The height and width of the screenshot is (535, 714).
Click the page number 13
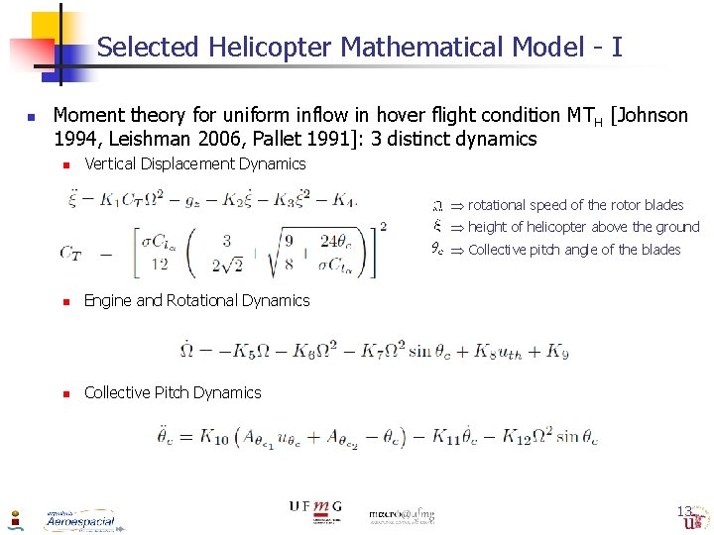point(684,511)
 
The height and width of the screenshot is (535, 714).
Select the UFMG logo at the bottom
point(315,507)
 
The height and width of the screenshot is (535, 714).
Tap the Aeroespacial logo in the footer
point(79,520)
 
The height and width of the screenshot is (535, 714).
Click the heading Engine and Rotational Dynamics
point(196,300)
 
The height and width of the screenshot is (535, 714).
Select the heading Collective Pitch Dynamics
point(173,392)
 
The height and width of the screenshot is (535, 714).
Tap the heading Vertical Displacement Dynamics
point(195,163)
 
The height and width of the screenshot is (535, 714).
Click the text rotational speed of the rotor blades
point(575,205)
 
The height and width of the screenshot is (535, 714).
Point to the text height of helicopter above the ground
point(583,227)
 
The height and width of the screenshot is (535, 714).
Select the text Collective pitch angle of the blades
point(574,250)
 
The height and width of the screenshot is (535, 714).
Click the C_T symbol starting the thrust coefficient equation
point(70,254)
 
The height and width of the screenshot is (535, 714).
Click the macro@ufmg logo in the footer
point(402,515)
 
